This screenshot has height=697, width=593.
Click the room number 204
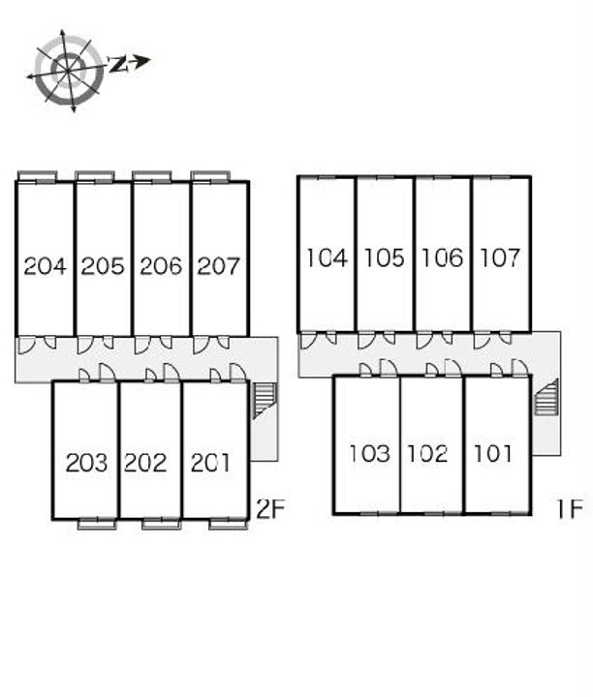(45, 265)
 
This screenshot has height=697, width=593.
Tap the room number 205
(103, 265)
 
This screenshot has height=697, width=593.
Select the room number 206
(161, 265)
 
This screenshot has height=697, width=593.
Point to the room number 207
(218, 265)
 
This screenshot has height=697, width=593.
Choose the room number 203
(86, 463)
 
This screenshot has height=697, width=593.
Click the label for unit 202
(145, 463)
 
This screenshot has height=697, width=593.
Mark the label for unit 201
(210, 463)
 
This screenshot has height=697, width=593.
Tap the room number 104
(326, 258)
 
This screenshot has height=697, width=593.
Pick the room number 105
(384, 258)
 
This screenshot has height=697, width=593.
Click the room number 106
(442, 258)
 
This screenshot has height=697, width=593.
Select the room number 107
(500, 258)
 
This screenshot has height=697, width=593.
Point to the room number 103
(368, 453)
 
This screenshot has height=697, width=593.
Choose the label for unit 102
(427, 453)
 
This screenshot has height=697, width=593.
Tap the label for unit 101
(493, 453)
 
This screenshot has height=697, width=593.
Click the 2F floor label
(270, 508)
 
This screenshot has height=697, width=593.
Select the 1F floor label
(571, 508)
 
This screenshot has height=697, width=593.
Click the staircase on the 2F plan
(264, 400)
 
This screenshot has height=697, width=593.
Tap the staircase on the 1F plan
(546, 397)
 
